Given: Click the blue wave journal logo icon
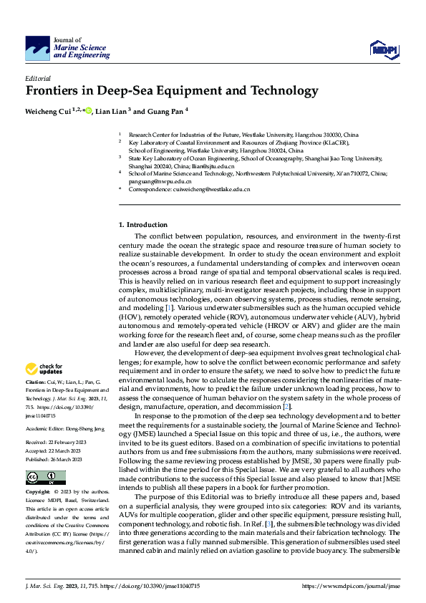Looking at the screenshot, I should (x=37, y=49).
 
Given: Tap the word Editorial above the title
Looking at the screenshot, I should (x=37, y=77).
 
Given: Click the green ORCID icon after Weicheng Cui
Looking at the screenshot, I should (x=88, y=111).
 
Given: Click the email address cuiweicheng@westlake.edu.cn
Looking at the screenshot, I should (x=215, y=189).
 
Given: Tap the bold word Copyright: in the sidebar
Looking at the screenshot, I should (x=38, y=493).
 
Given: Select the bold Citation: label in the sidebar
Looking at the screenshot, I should (x=37, y=384).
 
